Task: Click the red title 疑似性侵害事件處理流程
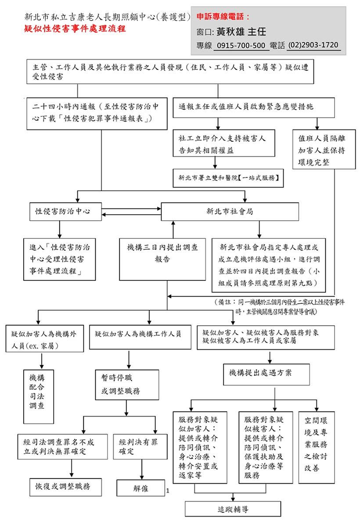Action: (x=75, y=29)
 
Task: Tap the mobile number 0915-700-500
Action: (x=241, y=46)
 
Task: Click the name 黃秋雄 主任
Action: (x=241, y=32)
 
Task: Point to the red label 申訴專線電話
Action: (x=223, y=17)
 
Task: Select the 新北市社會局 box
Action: (x=230, y=211)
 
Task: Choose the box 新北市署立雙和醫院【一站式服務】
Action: (x=228, y=178)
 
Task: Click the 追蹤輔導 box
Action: (x=233, y=509)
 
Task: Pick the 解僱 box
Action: (x=141, y=488)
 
